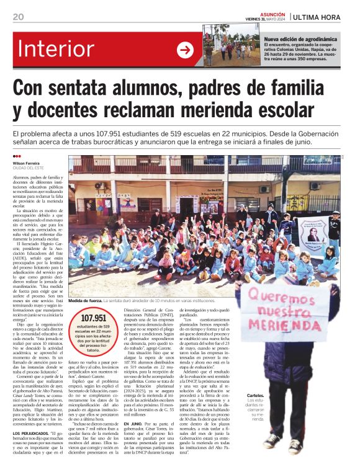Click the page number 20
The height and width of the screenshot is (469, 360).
point(18,17)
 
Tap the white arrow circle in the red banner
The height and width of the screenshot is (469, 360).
point(185,50)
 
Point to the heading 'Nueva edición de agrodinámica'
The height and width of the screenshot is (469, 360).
point(301,38)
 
